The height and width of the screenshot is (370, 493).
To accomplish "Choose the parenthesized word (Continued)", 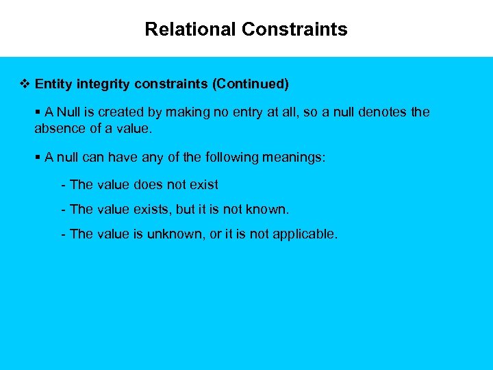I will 251,84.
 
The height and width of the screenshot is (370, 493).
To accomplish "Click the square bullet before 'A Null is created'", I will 38,112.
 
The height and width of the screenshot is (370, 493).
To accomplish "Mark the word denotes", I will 383,112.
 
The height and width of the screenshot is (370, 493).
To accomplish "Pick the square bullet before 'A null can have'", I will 38,158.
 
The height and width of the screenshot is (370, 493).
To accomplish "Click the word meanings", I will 294,158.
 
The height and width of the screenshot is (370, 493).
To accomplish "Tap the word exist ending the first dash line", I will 205,185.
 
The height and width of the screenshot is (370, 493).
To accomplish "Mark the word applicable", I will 305,234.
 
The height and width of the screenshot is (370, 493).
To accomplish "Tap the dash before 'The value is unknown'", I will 63,234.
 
